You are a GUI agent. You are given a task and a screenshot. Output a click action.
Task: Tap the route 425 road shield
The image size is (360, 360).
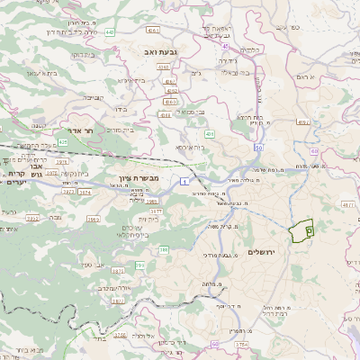coord(63,142)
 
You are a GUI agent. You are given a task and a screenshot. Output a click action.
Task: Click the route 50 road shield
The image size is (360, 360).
coord(258,147)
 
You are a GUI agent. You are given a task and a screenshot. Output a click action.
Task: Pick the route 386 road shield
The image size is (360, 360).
coord(164,249)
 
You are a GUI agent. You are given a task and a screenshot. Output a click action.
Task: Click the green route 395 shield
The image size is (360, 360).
coord(139,265)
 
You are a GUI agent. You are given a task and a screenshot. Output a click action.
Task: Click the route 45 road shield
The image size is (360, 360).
coord(221,49)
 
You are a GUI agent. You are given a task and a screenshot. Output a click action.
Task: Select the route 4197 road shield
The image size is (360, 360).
coord(302,120)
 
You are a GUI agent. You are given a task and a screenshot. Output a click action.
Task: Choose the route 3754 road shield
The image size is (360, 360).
coord(241,344)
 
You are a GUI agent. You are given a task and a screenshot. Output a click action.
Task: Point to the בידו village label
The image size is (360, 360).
coord(121,110)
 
